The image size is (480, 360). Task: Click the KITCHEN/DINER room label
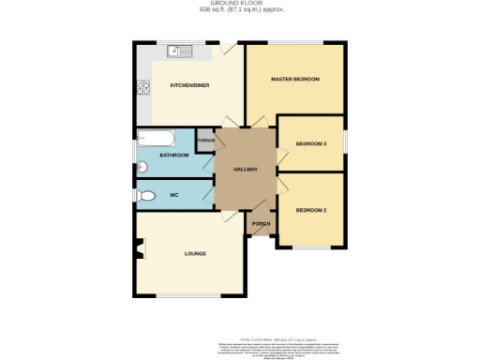[x=188, y=85]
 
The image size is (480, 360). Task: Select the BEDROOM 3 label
[x=310, y=143]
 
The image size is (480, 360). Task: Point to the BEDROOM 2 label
[x=310, y=209]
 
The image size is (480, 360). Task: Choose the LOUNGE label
[x=195, y=253]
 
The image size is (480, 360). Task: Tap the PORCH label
[x=261, y=224]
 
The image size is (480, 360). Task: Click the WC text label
[x=173, y=195]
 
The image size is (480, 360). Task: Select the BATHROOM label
[x=174, y=155]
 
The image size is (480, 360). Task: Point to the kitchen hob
[x=144, y=89]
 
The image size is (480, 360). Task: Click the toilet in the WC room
[x=144, y=196]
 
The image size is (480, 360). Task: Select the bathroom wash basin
[x=142, y=168]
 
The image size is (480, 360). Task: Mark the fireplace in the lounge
[x=140, y=249]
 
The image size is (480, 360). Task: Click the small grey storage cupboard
[x=206, y=140]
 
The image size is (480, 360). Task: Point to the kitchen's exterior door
[x=228, y=47]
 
